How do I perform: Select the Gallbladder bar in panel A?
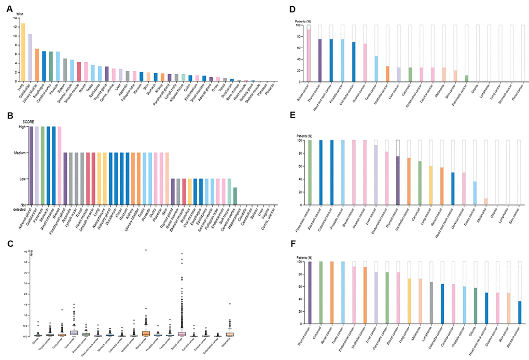point(30,58)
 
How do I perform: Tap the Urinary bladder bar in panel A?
point(37,65)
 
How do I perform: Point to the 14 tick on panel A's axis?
point(16,18)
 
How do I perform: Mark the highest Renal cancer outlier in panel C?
point(146,250)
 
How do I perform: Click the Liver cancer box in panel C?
point(74,333)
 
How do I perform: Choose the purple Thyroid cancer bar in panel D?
point(320,61)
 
